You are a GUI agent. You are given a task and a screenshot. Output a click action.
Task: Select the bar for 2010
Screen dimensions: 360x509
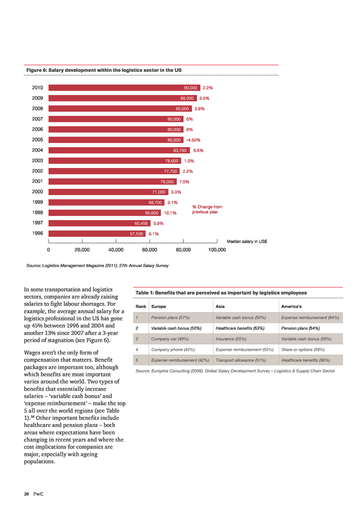tap(125, 88)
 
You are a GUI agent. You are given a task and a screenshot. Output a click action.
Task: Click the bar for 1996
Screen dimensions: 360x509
tap(97, 234)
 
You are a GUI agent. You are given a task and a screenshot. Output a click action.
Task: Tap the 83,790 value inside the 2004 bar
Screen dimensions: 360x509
tap(180, 150)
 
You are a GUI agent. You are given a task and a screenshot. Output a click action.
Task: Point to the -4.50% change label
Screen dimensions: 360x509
tap(194, 140)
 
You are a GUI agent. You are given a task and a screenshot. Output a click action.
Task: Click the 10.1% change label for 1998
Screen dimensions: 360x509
tap(170, 213)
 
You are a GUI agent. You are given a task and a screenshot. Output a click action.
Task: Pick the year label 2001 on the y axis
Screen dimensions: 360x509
tap(37, 181)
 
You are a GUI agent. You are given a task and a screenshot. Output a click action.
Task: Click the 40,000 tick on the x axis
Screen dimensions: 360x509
tap(115, 249)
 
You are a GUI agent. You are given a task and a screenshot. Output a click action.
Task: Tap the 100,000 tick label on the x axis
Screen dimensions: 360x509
tap(217, 249)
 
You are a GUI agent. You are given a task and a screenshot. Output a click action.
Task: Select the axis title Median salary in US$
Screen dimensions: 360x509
tap(247, 241)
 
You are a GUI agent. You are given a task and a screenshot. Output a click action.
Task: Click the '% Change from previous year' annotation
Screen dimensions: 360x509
tap(207, 209)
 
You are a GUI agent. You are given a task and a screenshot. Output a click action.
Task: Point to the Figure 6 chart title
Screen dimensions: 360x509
tap(104, 70)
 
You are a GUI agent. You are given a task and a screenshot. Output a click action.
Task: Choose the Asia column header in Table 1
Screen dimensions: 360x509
tap(220, 307)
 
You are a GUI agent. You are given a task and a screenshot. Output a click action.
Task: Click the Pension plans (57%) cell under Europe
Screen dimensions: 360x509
tap(170, 317)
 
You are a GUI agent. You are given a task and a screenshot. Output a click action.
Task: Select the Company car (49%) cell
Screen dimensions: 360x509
tap(170, 339)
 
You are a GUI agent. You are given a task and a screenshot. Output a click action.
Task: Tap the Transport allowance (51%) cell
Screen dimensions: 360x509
tap(241, 360)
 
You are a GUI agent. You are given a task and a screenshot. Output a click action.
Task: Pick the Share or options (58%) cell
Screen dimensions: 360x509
tap(303, 350)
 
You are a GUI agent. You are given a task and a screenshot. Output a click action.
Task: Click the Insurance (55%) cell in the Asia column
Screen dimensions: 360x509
tap(231, 339)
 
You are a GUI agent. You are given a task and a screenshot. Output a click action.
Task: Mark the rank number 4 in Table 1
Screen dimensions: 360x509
tap(137, 350)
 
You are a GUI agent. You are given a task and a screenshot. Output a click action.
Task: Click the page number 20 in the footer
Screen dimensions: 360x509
tap(26, 494)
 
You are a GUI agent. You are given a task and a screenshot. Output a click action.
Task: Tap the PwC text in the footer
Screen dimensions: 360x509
tap(38, 494)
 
